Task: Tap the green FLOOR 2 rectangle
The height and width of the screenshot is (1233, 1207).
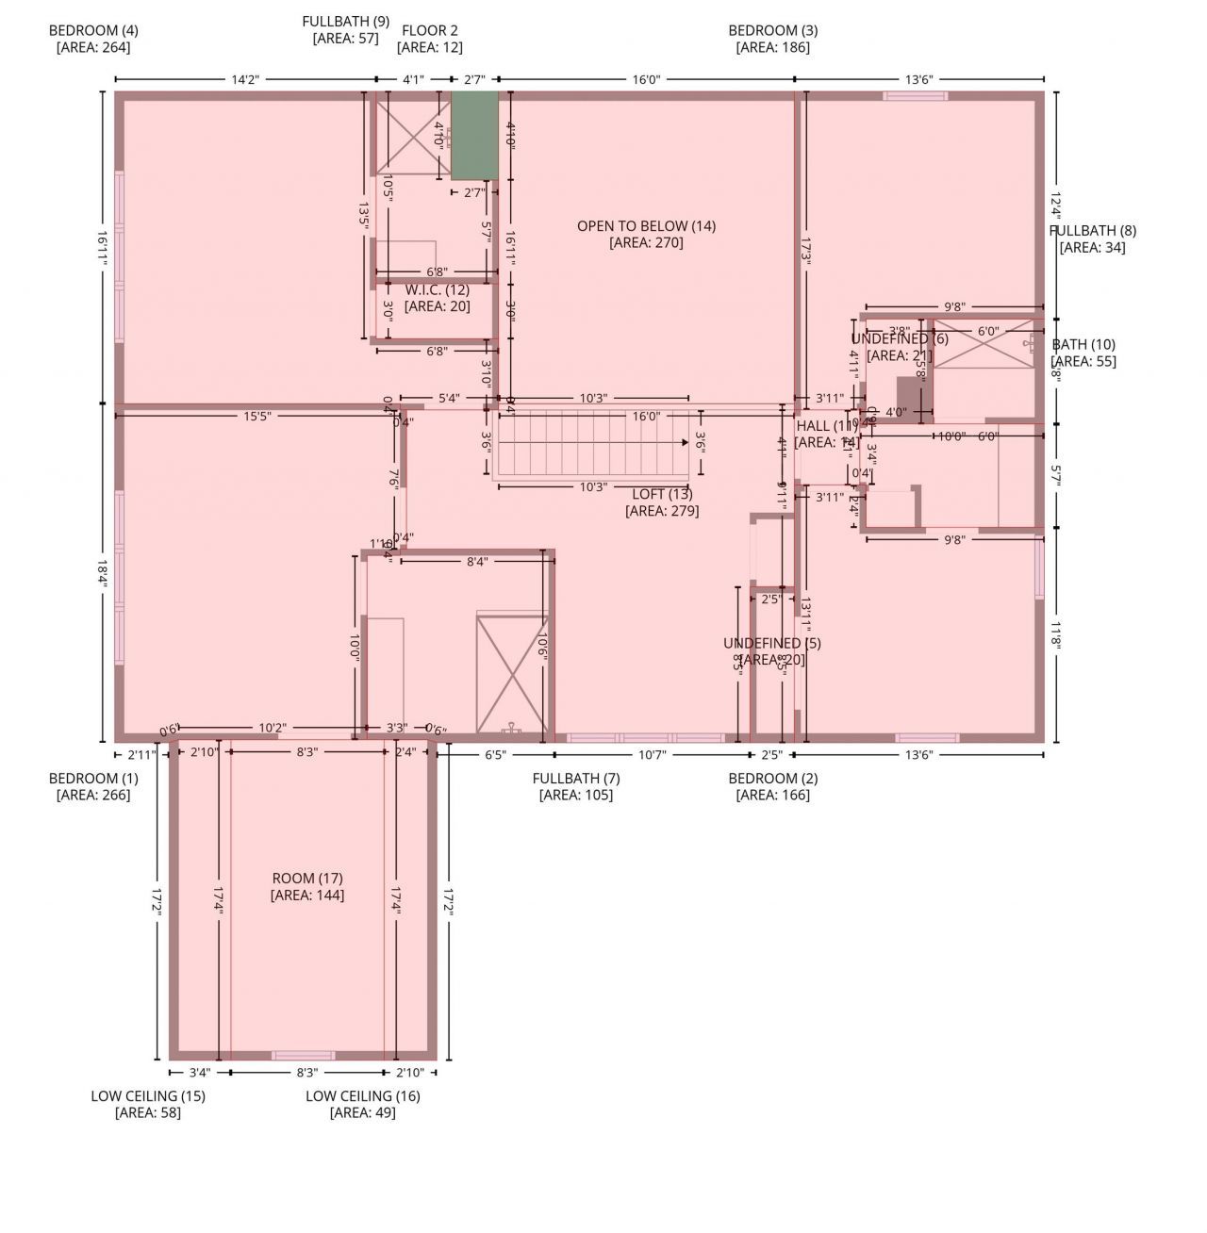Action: pos(473,135)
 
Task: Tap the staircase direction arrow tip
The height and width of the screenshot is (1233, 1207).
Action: pos(686,441)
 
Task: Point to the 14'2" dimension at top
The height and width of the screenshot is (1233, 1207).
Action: pos(245,80)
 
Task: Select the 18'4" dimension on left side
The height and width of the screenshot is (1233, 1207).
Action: pos(103,573)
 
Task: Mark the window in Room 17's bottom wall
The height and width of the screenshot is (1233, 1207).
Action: pos(303,1055)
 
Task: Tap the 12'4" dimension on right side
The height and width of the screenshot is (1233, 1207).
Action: pos(1055,204)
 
